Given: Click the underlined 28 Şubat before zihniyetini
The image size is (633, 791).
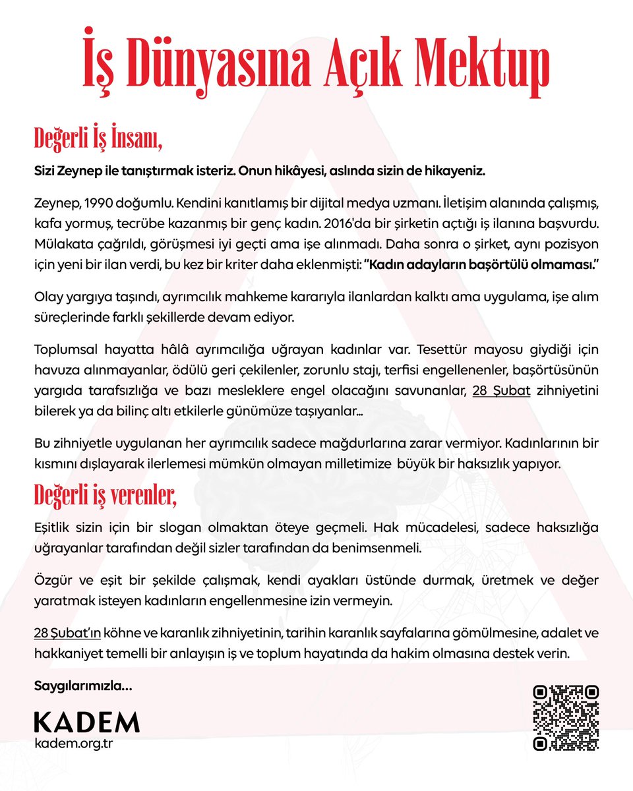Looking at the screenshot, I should point(502,392).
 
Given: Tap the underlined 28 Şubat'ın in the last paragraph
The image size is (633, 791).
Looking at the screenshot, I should point(67,633).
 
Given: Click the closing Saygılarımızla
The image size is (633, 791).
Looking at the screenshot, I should point(82,686).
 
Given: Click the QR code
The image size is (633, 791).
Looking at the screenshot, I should point(566,718).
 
